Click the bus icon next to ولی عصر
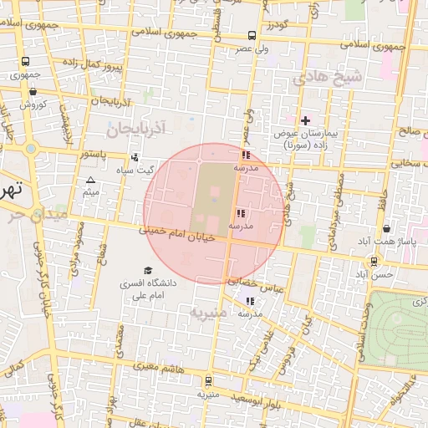[252, 35]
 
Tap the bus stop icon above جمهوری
[25, 61]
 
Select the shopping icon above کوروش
[33, 92]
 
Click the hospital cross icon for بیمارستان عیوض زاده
[305, 120]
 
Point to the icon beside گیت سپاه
[135, 156]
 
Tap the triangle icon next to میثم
[91, 181]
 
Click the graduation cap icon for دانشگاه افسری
[148, 271]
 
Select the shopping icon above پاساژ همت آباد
[386, 228]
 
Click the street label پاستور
[98, 155]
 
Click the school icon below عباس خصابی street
[250, 301]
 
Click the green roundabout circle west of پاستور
[31, 149]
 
